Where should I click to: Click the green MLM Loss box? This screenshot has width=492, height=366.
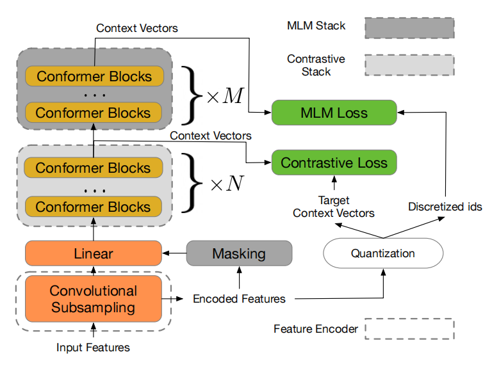coord(334,113)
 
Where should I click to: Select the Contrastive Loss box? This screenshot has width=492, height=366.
coord(334,163)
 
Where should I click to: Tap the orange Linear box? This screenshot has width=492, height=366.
coord(94,253)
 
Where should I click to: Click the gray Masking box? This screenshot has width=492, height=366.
coord(239,253)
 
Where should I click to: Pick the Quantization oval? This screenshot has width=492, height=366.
coord(383,253)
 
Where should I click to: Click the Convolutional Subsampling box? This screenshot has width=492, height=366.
coord(94,299)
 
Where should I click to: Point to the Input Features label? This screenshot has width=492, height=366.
coord(93,347)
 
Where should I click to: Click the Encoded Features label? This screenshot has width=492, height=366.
coord(239,299)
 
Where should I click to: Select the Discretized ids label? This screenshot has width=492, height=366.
coord(445,207)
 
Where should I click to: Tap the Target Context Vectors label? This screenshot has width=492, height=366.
coord(334,207)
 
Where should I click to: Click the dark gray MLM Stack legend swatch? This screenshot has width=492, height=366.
coord(409,28)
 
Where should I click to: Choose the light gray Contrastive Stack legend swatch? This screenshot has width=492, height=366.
coord(409,65)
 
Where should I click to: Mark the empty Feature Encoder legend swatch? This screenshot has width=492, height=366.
coord(409,329)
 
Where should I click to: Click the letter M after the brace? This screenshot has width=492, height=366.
coord(233,96)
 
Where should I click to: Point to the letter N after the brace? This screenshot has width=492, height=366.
coord(235,183)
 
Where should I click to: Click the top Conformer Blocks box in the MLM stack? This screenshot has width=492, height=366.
coord(94,76)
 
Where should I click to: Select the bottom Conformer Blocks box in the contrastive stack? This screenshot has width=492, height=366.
coord(93,207)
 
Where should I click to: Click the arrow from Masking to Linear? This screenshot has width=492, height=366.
coord(174,253)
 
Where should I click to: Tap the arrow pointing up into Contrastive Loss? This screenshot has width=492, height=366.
coord(334,183)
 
